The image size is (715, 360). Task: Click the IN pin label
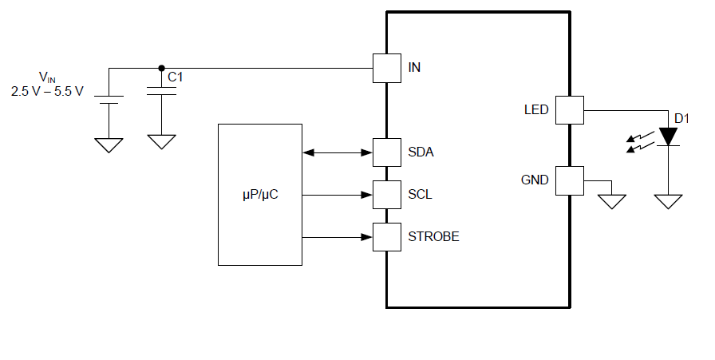pyautogui.click(x=414, y=67)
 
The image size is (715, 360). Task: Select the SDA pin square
pyautogui.click(x=387, y=152)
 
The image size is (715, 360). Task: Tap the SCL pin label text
pyautogui.click(x=420, y=194)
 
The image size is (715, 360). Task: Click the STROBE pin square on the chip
pyautogui.click(x=387, y=236)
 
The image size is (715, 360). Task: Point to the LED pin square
pyautogui.click(x=569, y=109)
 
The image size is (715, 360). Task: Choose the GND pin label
pyautogui.click(x=535, y=180)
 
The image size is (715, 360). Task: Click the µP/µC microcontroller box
pyautogui.click(x=260, y=194)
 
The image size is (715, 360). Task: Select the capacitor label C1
pyautogui.click(x=176, y=77)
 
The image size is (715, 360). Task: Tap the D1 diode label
pyautogui.click(x=681, y=119)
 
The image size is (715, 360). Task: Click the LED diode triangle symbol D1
pyautogui.click(x=668, y=136)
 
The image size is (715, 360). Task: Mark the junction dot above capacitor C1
pyautogui.click(x=162, y=68)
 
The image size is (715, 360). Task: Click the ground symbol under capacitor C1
pyautogui.click(x=162, y=141)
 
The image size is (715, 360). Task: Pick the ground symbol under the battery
pyautogui.click(x=109, y=144)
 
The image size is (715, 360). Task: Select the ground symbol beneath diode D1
pyautogui.click(x=668, y=201)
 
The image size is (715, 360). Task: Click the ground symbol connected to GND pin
pyautogui.click(x=612, y=200)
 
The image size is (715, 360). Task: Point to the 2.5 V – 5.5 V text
pyautogui.click(x=46, y=91)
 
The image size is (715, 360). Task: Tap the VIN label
pyautogui.click(x=47, y=77)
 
